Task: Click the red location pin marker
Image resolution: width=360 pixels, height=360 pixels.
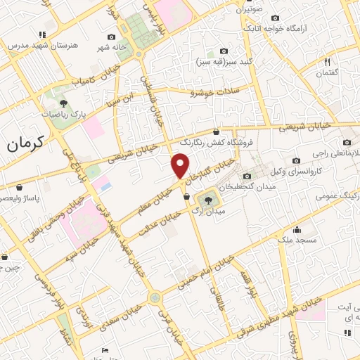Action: (x=180, y=166)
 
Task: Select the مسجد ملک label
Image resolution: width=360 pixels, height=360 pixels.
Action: (x=298, y=240)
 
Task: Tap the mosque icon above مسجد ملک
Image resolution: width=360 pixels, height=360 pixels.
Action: (x=298, y=229)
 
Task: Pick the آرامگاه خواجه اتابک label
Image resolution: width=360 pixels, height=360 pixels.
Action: (x=274, y=28)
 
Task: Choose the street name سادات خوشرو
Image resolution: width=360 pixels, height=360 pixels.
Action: (x=215, y=92)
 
